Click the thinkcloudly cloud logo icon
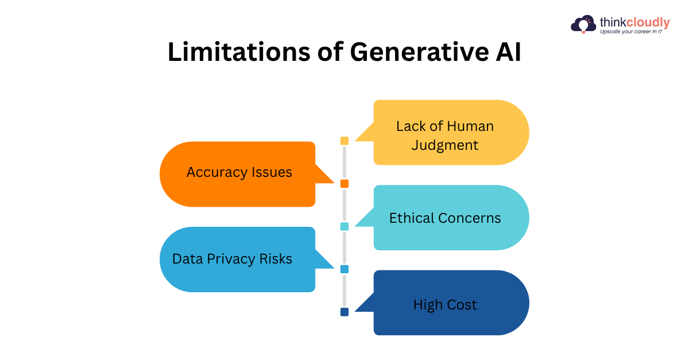coord(583,24)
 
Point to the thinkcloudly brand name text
coord(634,22)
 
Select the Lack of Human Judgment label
coord(445,136)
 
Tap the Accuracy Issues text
coord(239,172)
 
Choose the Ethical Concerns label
coord(445,218)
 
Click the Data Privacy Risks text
coord(232,259)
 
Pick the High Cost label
coord(445,305)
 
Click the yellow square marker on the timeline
coord(344,141)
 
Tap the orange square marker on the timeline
coord(344,184)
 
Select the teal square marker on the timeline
coord(344,226)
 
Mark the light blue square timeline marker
coord(344,269)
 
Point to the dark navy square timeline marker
coord(344,312)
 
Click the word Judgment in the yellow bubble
coord(445,145)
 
